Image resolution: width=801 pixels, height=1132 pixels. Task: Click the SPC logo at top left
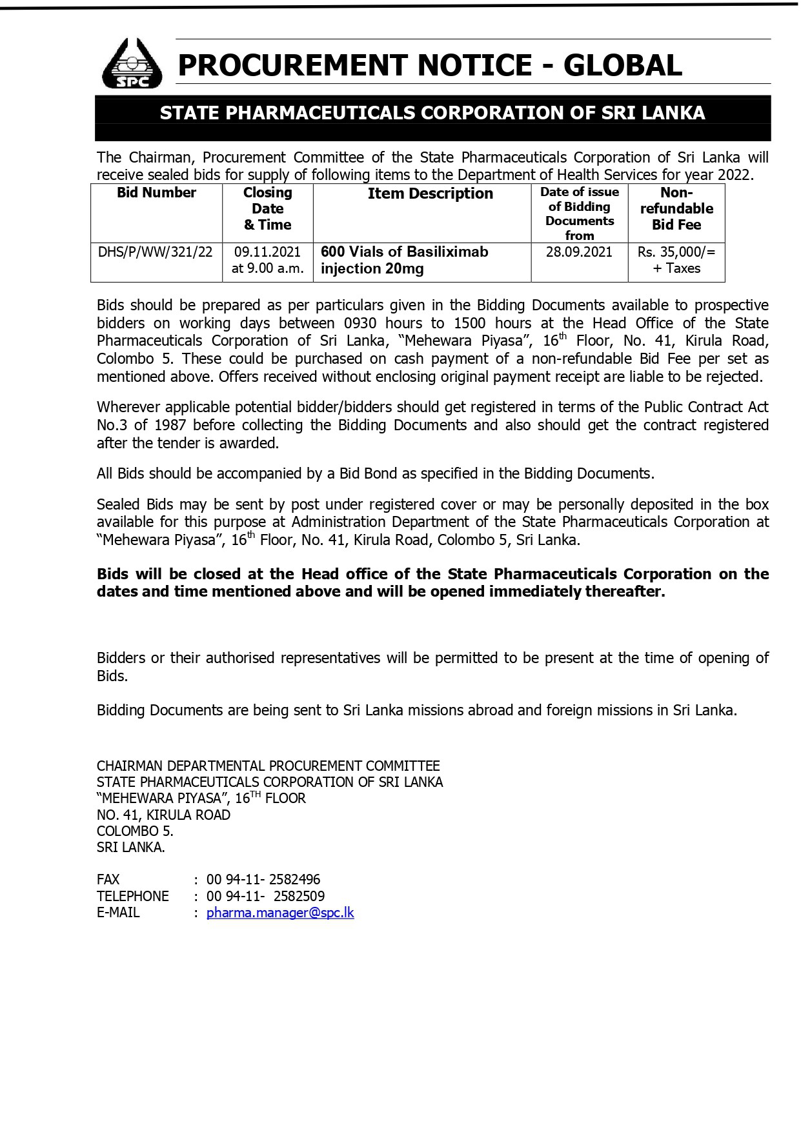click(x=132, y=64)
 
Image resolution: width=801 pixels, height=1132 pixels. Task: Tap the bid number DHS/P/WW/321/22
click(x=156, y=252)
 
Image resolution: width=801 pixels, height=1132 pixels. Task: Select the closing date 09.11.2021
click(x=267, y=252)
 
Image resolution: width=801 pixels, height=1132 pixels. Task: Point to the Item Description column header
click(x=430, y=194)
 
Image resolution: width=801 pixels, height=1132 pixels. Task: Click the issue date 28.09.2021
click(x=579, y=252)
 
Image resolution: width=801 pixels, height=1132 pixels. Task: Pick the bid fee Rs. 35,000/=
click(x=676, y=252)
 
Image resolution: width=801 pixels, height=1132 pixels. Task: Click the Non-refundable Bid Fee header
click(x=676, y=208)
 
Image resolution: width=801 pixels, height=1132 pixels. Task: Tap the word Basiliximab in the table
click(x=449, y=252)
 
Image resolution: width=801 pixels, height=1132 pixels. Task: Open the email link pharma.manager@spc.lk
click(x=280, y=913)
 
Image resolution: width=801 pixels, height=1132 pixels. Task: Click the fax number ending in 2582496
click(x=263, y=880)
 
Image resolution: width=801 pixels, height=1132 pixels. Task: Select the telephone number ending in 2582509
click(x=265, y=896)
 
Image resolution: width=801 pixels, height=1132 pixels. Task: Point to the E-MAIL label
click(x=118, y=913)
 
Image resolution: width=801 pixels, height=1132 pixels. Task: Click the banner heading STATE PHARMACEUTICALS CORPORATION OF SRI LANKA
click(x=432, y=113)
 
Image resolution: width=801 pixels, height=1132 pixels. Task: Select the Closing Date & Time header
click(x=267, y=208)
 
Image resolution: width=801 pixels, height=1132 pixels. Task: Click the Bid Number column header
click(x=156, y=193)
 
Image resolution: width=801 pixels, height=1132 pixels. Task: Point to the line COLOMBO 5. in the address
click(x=135, y=831)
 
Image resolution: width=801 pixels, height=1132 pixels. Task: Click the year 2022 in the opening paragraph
click(x=736, y=175)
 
